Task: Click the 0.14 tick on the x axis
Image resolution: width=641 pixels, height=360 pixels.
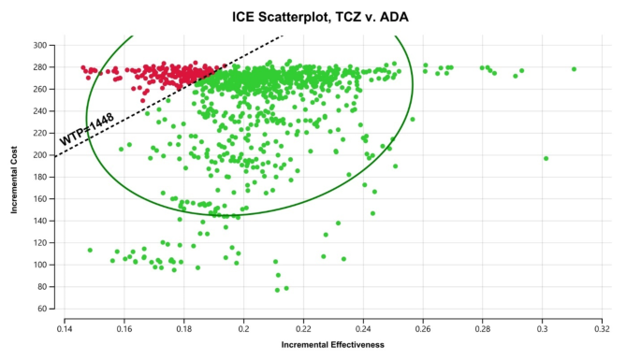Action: pyautogui.click(x=65, y=328)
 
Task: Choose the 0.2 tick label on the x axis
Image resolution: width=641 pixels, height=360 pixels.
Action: pyautogui.click(x=244, y=328)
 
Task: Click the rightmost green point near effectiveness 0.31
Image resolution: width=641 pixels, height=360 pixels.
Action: pyautogui.click(x=574, y=69)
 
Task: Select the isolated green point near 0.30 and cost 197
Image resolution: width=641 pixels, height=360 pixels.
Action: pyautogui.click(x=546, y=159)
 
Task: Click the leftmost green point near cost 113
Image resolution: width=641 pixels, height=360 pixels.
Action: pyautogui.click(x=90, y=250)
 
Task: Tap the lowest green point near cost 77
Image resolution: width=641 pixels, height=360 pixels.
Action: pyautogui.click(x=277, y=290)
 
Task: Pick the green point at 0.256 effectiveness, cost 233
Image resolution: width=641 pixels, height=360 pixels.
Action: pyautogui.click(x=412, y=120)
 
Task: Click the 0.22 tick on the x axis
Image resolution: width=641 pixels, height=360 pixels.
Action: pyautogui.click(x=303, y=328)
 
